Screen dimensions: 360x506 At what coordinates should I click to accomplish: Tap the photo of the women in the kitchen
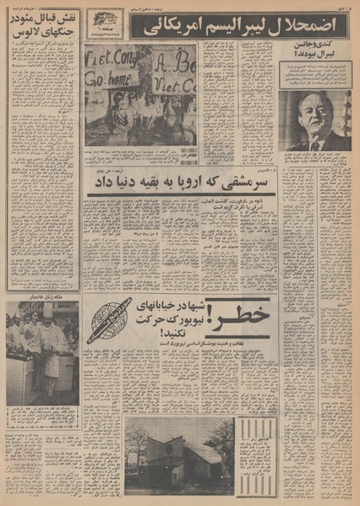point(42,341)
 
